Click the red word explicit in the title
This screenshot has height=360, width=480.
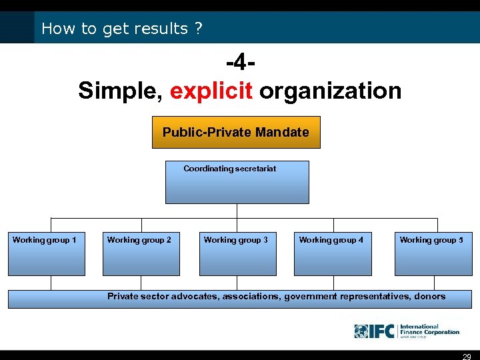coord(211,91)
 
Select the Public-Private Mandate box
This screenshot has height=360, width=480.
coord(236,132)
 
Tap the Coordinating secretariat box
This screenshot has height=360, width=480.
coord(237,182)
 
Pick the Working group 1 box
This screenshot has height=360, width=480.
coord(47,254)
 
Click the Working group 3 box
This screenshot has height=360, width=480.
coord(237,254)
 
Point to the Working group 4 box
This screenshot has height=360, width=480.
coord(333,254)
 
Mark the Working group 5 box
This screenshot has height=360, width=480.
coord(433,254)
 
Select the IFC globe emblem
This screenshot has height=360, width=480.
coord(361,331)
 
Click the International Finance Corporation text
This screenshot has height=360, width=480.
coord(429,330)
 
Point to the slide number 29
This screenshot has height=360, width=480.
coord(467,356)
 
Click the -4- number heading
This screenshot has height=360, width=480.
coord(240,65)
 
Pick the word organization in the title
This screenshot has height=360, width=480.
coord(330,91)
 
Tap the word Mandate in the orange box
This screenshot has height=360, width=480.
coord(285,132)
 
